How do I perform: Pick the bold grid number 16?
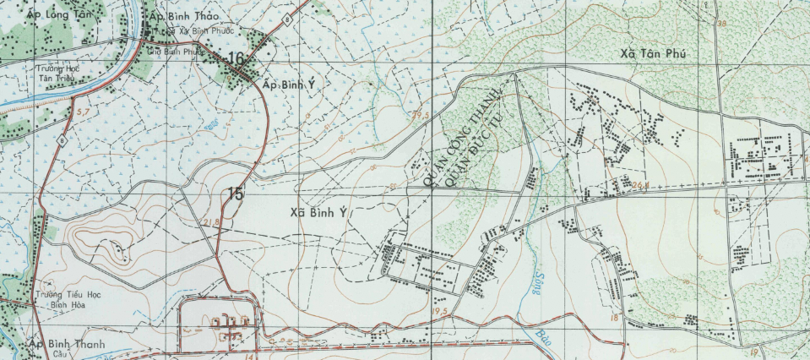pyautogui.click(x=236, y=58)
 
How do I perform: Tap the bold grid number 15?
pyautogui.click(x=234, y=194)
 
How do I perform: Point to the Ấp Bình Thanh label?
pyautogui.click(x=66, y=343)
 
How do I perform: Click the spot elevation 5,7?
pyautogui.click(x=83, y=111)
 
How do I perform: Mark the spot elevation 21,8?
pyautogui.click(x=210, y=221)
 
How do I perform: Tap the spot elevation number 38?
pyautogui.click(x=720, y=24)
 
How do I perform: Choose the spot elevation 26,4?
pyautogui.click(x=640, y=186)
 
